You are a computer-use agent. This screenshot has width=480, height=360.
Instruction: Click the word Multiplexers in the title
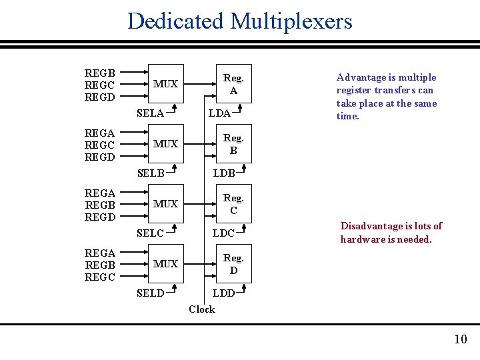(x=291, y=21)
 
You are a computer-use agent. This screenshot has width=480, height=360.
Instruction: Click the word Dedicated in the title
(x=176, y=21)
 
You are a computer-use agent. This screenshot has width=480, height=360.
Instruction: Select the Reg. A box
(x=233, y=84)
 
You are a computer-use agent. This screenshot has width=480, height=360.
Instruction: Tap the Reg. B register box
(x=233, y=144)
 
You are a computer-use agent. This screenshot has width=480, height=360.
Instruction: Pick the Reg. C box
(x=233, y=204)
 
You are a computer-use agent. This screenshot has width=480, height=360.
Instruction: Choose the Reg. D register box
(x=233, y=264)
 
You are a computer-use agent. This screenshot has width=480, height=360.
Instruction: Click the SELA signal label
(x=150, y=113)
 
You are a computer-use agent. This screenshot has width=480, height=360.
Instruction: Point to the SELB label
(x=150, y=173)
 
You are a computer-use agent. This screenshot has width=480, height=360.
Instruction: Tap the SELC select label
(x=150, y=233)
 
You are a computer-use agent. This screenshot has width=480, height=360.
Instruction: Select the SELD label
(x=150, y=293)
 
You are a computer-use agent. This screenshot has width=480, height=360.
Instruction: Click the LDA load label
(x=219, y=113)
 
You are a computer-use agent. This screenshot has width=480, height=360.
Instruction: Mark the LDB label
(x=223, y=173)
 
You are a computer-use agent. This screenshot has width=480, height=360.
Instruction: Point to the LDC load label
(x=223, y=233)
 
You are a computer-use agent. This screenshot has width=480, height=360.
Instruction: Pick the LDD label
(x=223, y=293)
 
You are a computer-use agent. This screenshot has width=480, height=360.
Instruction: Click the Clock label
(x=201, y=309)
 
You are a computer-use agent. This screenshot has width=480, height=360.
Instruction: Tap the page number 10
(x=461, y=339)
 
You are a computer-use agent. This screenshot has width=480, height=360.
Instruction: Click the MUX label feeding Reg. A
(x=165, y=84)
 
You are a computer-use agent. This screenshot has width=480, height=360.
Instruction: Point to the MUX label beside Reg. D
(x=165, y=264)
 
